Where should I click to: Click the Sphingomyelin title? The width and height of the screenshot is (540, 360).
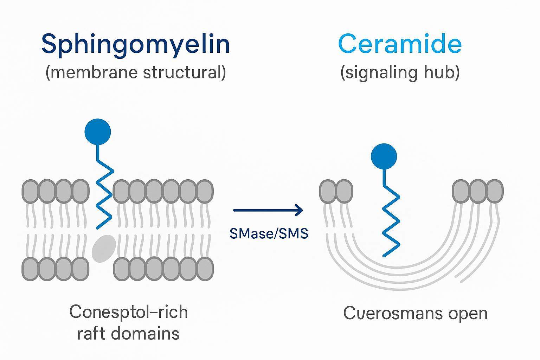click(x=135, y=44)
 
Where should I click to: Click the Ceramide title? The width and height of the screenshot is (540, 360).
click(x=399, y=44)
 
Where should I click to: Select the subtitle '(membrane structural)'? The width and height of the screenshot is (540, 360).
click(x=135, y=72)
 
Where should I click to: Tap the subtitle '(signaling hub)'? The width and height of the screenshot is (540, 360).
click(x=400, y=72)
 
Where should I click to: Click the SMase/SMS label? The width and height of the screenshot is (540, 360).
click(x=269, y=233)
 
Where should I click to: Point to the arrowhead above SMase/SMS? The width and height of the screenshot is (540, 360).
click(x=299, y=210)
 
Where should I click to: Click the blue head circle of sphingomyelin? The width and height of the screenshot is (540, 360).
click(x=98, y=132)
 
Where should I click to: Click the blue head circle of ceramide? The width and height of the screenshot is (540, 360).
click(x=384, y=156)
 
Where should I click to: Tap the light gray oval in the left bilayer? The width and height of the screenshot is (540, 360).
click(x=104, y=249)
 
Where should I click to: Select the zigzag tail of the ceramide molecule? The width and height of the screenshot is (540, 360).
click(x=391, y=221)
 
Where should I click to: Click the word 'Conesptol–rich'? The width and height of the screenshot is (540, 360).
click(x=128, y=312)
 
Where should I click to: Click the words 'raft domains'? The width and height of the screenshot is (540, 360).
click(x=128, y=333)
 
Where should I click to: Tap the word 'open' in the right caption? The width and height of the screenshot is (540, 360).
click(x=470, y=313)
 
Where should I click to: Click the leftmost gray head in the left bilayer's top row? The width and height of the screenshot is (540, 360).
click(x=31, y=191)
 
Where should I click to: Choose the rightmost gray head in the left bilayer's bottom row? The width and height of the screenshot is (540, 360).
click(x=205, y=269)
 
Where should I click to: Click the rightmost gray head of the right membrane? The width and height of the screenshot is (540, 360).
click(x=495, y=191)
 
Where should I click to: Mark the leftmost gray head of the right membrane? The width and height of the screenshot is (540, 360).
click(x=328, y=191)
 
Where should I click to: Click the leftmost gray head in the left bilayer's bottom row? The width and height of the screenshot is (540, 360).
click(x=31, y=269)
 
